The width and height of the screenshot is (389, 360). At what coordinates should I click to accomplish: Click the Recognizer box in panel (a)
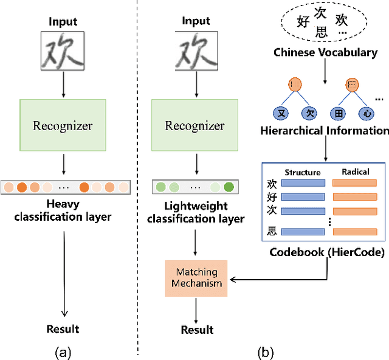(63, 126)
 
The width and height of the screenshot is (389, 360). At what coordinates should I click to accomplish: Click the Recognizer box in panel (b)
(194, 126)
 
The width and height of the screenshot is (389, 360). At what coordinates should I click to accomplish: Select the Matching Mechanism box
(196, 277)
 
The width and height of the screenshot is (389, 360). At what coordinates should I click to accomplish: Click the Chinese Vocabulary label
(325, 52)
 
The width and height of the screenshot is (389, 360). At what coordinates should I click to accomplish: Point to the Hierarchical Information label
(325, 130)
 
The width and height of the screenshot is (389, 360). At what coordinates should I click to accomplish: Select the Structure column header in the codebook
(303, 172)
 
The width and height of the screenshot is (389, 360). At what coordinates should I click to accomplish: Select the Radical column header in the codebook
(356, 172)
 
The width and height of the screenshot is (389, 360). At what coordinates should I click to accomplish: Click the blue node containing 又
(281, 112)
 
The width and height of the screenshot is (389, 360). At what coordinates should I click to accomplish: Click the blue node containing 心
(367, 112)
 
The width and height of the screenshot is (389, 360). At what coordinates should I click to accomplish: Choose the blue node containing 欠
(311, 112)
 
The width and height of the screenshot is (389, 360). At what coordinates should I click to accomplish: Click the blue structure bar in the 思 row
(303, 232)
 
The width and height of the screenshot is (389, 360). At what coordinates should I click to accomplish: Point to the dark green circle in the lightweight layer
(229, 187)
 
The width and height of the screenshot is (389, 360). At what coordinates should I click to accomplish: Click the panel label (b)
(266, 351)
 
